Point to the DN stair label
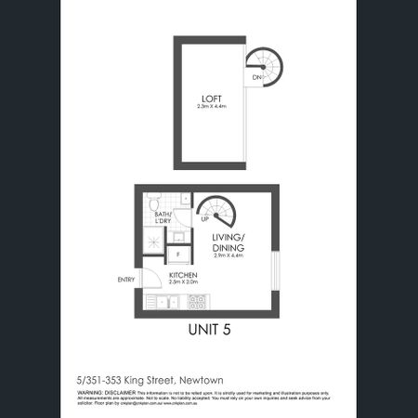point(255,78)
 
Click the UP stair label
point(204,220)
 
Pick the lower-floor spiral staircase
point(219,213)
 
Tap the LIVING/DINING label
point(227,243)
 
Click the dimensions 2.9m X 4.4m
point(227,255)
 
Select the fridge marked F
point(177,254)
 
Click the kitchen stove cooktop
point(198,302)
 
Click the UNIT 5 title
point(209,332)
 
